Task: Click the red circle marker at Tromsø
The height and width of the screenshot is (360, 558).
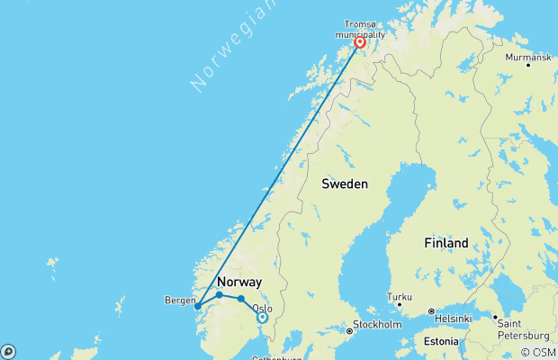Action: pyautogui.click(x=360, y=42)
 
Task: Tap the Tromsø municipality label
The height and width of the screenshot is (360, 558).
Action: pyautogui.click(x=361, y=28)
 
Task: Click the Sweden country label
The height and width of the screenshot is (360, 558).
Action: pyautogui.click(x=345, y=184)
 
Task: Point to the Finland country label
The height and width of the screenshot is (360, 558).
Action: pyautogui.click(x=445, y=243)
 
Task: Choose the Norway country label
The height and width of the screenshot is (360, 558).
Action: pyautogui.click(x=239, y=283)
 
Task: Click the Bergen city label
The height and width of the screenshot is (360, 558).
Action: pyautogui.click(x=180, y=300)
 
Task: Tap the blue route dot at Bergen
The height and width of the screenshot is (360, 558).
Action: pyautogui.click(x=198, y=306)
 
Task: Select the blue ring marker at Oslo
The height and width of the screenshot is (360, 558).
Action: pyautogui.click(x=262, y=317)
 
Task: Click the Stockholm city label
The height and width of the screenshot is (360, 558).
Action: pyautogui.click(x=377, y=324)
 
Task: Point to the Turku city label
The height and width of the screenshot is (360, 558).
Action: pyautogui.click(x=400, y=296)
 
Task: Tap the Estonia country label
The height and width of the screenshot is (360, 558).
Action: pyautogui.click(x=441, y=342)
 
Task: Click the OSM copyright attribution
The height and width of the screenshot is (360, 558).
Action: pyautogui.click(x=538, y=353)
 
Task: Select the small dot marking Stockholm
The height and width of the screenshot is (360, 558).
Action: pyautogui.click(x=350, y=330)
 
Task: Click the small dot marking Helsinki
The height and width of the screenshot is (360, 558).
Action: pyautogui.click(x=430, y=311)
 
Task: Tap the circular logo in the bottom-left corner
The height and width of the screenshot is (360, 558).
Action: pyautogui.click(x=7, y=352)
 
